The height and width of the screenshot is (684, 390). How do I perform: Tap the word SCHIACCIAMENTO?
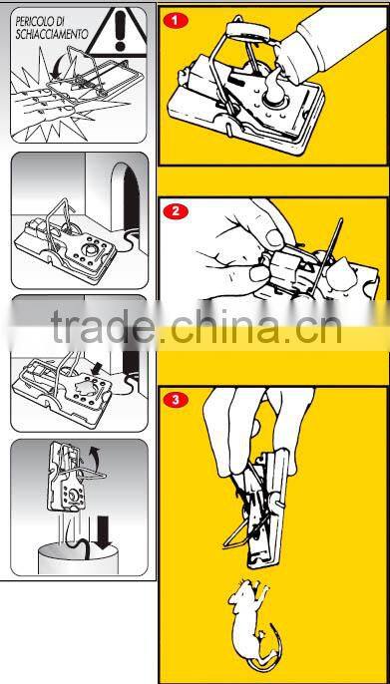[51, 34]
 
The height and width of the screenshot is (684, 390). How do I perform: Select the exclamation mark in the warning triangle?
[121, 28]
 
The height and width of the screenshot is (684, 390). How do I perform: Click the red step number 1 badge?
[176, 19]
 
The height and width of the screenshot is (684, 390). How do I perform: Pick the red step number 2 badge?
[176, 211]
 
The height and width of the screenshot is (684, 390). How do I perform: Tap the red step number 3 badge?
[176, 401]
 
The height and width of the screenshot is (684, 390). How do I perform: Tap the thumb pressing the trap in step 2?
[264, 224]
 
